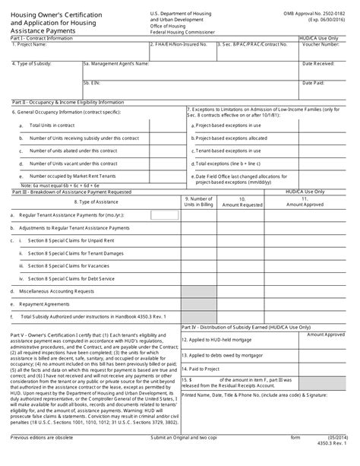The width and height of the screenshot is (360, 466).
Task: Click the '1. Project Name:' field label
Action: (30, 45)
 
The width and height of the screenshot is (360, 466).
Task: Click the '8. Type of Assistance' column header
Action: (94, 202)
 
